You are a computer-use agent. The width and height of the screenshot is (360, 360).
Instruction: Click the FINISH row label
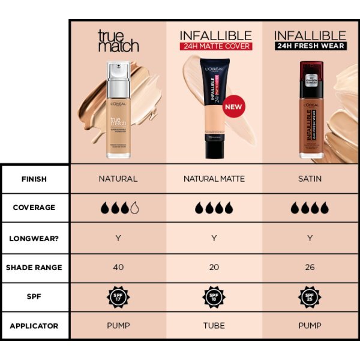click(34, 179)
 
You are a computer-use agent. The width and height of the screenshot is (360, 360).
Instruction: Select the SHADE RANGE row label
click(34, 267)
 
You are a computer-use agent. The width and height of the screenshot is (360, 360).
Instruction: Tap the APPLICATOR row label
click(34, 326)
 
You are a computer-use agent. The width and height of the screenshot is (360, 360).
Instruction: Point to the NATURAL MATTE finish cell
click(214, 179)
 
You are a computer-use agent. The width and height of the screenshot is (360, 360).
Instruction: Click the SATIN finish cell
click(310, 179)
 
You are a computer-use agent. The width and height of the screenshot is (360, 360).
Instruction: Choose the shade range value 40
click(118, 267)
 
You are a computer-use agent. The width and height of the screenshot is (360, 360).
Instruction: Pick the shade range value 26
click(310, 267)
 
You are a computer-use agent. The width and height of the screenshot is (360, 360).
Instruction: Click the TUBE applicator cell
click(214, 326)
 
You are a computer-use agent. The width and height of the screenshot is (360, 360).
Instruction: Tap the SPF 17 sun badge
click(118, 296)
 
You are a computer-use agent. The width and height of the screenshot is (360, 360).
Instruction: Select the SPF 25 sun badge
click(310, 296)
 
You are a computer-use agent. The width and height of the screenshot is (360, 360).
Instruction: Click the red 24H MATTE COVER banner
click(214, 46)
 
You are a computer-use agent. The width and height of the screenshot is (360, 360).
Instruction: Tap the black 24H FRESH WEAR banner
click(310, 46)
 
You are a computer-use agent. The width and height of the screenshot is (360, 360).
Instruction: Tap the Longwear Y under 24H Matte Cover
click(214, 238)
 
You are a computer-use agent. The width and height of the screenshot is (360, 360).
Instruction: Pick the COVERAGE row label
click(34, 208)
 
